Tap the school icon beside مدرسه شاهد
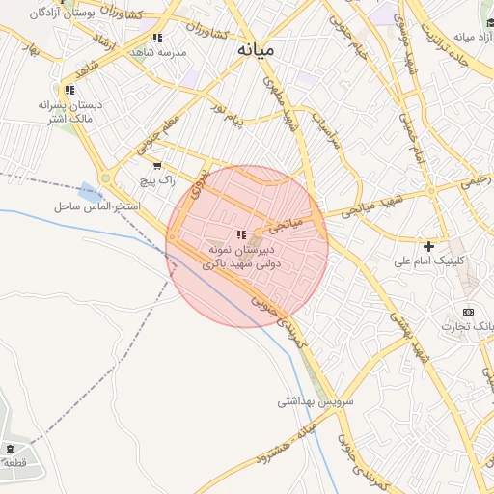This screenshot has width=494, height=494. pos(157,38)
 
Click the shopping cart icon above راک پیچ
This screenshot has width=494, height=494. pos(157,165)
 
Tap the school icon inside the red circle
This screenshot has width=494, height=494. pos(241,234)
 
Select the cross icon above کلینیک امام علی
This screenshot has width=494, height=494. pos(429,246)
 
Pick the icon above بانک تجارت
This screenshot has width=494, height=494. pos(468,312)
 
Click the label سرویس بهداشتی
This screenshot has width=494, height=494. pos(316,399)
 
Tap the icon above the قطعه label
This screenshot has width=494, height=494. pos(10,448)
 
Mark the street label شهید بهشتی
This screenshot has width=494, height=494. pos(409,334)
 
